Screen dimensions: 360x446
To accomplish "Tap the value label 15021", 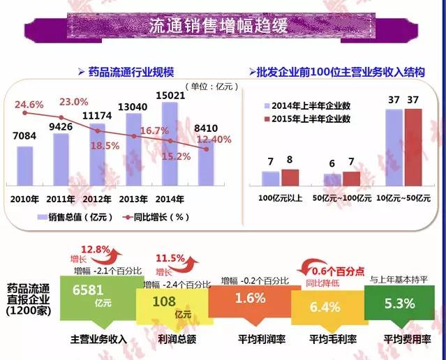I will [x=170, y=95].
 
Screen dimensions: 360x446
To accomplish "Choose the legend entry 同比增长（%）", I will [x=157, y=216].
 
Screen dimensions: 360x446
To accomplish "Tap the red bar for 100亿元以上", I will [x=289, y=177].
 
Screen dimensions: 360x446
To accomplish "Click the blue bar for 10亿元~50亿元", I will [x=394, y=147].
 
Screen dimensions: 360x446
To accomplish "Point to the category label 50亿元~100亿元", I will [x=341, y=198].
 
